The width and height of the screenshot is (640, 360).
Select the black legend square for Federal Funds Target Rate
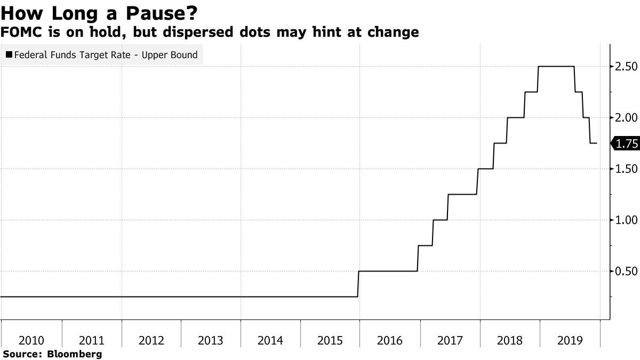tap(9, 55)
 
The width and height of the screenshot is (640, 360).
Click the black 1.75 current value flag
tap(625, 143)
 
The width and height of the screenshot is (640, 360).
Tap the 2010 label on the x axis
tap(31, 340)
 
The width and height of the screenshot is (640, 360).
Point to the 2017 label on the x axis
tap(449, 340)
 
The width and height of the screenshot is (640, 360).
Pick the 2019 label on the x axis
tap(569, 340)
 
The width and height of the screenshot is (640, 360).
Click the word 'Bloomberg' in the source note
tap(75, 354)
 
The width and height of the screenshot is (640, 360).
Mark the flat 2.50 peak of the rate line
tap(556, 66)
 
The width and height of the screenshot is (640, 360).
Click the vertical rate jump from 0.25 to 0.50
tap(358, 284)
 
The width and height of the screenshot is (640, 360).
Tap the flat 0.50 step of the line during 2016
tap(387, 271)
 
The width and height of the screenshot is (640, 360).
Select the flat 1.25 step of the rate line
tap(462, 194)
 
